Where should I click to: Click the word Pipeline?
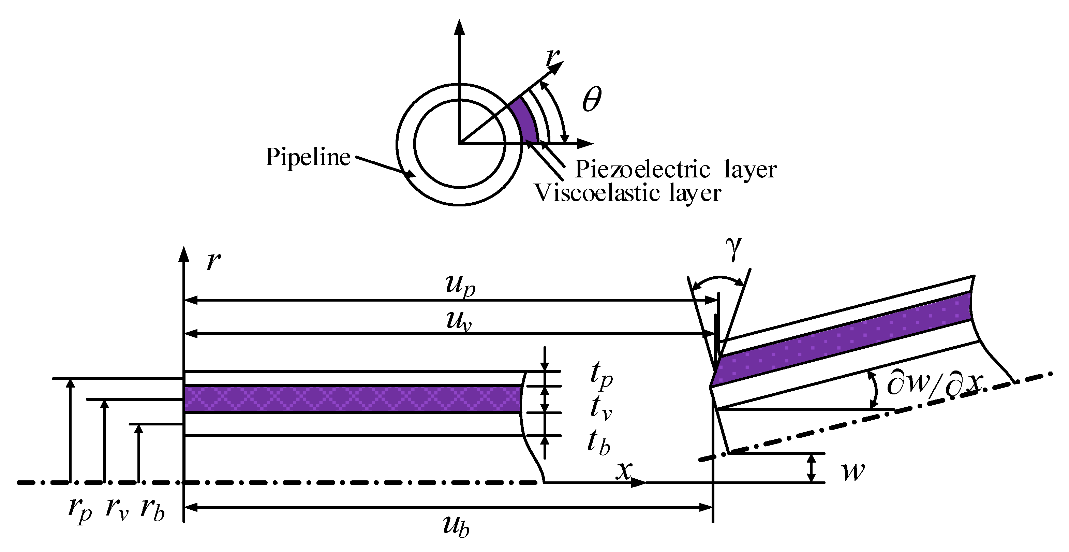point(308,157)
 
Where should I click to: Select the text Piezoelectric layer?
point(675,170)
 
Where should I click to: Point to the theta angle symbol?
point(591,100)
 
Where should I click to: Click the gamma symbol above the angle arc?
point(733,248)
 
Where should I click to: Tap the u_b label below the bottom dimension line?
point(456,527)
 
